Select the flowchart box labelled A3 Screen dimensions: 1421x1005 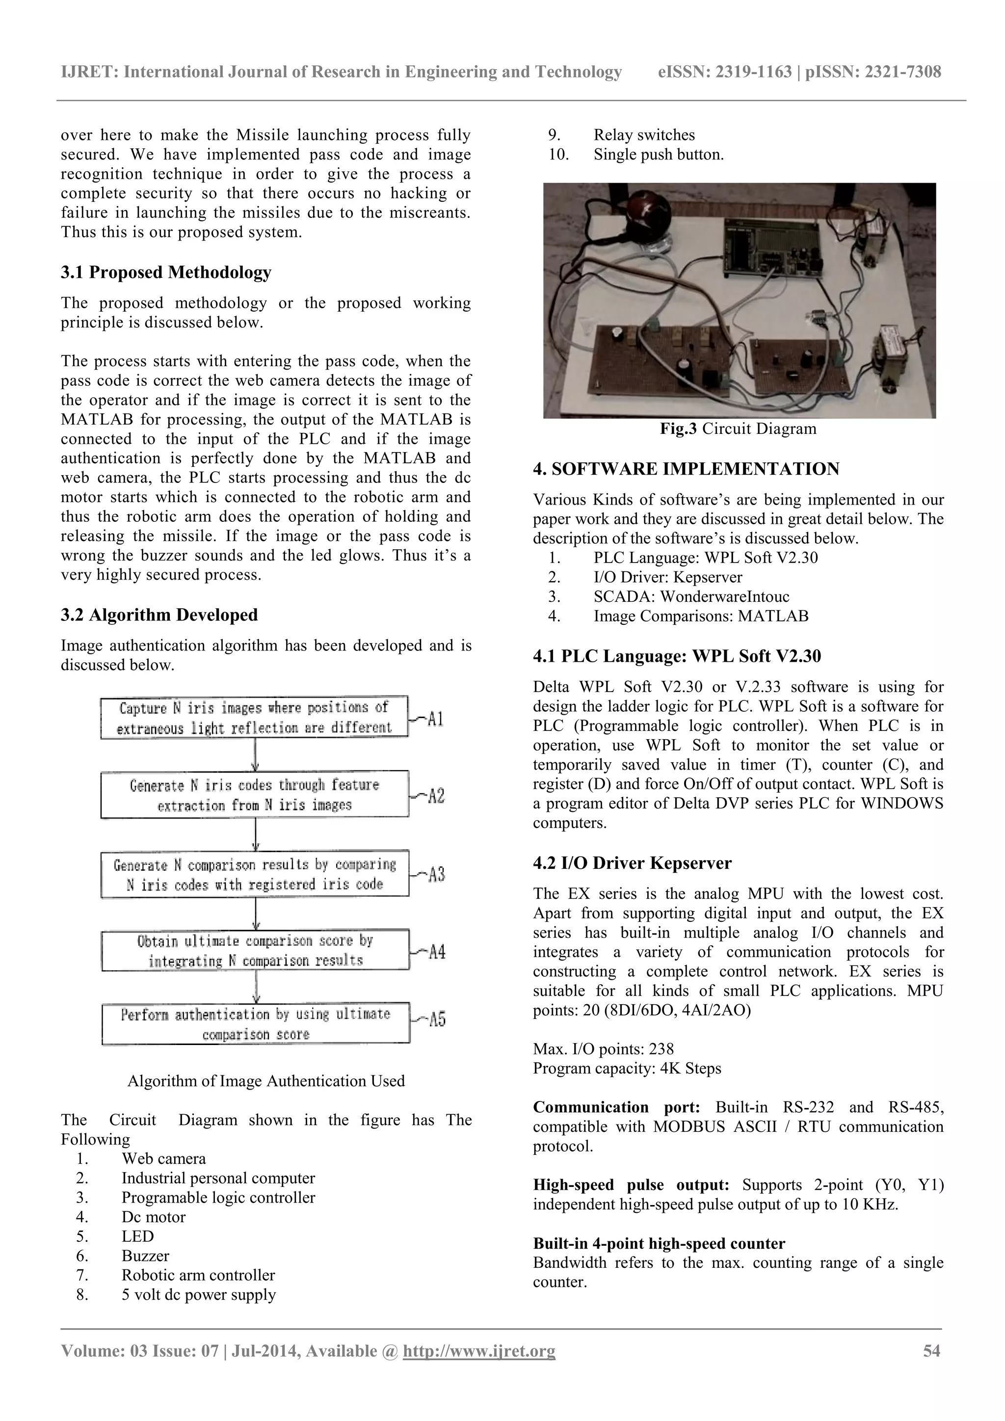point(255,874)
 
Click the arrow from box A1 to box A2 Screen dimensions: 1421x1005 point(256,754)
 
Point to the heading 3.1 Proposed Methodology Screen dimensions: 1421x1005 point(166,272)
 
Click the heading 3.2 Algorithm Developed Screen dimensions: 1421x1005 point(159,615)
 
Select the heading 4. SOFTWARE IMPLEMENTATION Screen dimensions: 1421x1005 point(686,469)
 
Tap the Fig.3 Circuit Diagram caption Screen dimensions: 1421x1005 point(738,429)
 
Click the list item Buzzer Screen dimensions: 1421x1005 point(145,1255)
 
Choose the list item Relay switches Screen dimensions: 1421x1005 point(644,135)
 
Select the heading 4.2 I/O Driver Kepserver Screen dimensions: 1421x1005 point(632,863)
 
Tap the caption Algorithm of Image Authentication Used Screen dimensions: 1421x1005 point(266,1081)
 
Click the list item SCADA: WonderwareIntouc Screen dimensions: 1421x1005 point(691,596)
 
